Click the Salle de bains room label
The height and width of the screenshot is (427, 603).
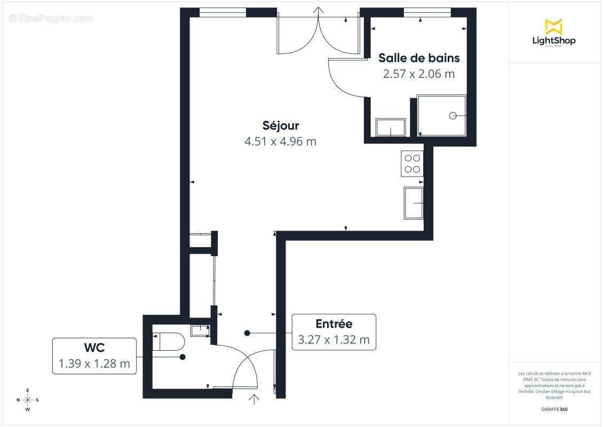[x=419, y=58]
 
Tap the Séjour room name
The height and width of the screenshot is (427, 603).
[x=280, y=125]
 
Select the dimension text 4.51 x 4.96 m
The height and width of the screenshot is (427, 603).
[x=280, y=141]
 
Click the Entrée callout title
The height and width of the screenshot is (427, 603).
[x=334, y=323]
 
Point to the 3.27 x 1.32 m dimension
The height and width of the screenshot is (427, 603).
[x=334, y=339]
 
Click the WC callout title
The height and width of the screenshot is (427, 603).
[x=94, y=347]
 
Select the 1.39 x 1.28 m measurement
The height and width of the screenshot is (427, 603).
[x=94, y=364]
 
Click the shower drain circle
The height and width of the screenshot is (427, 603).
[x=453, y=115]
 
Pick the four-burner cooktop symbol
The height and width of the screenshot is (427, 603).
[x=412, y=163]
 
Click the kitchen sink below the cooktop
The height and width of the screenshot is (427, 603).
[x=414, y=203]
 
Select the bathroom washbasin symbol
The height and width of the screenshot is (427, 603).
[x=391, y=128]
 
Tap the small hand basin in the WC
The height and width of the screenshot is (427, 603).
[x=200, y=330]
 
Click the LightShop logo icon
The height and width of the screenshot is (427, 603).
[x=553, y=26]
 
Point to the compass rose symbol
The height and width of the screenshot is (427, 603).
[x=28, y=400]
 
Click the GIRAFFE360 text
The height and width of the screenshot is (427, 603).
[x=554, y=409]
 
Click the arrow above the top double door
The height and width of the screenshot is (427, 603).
[x=319, y=11]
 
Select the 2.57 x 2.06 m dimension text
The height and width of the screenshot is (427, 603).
[x=419, y=74]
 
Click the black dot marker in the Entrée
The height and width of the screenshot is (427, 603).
[x=247, y=333]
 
